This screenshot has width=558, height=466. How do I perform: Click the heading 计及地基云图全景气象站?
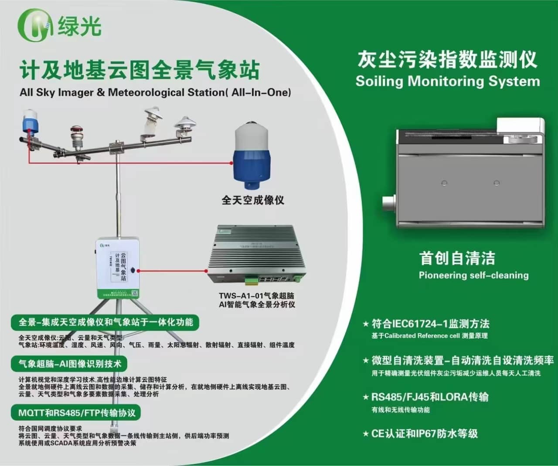coord(139,70)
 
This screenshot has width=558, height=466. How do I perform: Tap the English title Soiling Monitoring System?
coord(448,82)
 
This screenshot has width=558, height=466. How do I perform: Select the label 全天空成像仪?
coord(253,200)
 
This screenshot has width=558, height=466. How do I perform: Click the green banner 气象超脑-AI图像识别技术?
coord(70,364)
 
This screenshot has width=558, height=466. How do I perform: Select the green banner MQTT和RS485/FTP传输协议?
coord(77,413)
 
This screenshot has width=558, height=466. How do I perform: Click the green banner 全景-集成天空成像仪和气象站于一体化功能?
coord(105,322)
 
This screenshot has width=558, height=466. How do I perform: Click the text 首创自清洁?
coord(457,258)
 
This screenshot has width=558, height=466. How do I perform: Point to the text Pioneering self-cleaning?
coord(473,276)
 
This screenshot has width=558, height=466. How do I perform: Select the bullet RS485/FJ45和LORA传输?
coord(429,397)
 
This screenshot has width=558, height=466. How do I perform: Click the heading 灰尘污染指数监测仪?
coord(447,59)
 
